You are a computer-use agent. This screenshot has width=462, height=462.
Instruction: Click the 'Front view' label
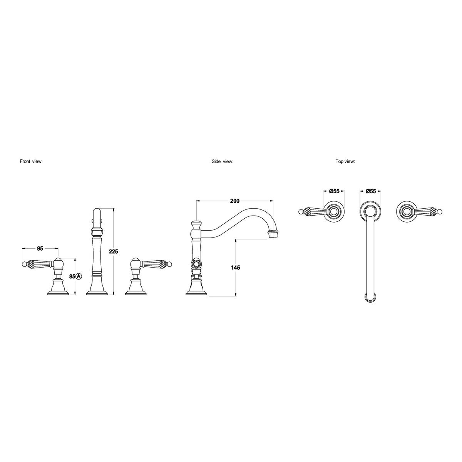click(30, 161)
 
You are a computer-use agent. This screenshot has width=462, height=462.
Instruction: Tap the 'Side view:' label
click(222, 161)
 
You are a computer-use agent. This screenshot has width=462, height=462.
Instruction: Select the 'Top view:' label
click(345, 161)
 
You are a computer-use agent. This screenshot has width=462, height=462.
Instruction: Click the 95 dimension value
click(40, 249)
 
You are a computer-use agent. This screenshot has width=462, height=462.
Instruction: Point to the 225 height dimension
click(114, 251)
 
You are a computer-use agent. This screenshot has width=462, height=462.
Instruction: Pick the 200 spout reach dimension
click(235, 201)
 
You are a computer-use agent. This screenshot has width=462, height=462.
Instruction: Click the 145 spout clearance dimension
click(236, 267)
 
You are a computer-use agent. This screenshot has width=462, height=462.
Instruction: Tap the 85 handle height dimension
click(72, 276)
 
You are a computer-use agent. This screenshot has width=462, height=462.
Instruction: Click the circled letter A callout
click(79, 276)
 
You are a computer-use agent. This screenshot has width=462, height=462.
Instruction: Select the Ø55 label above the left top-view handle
click(334, 191)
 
